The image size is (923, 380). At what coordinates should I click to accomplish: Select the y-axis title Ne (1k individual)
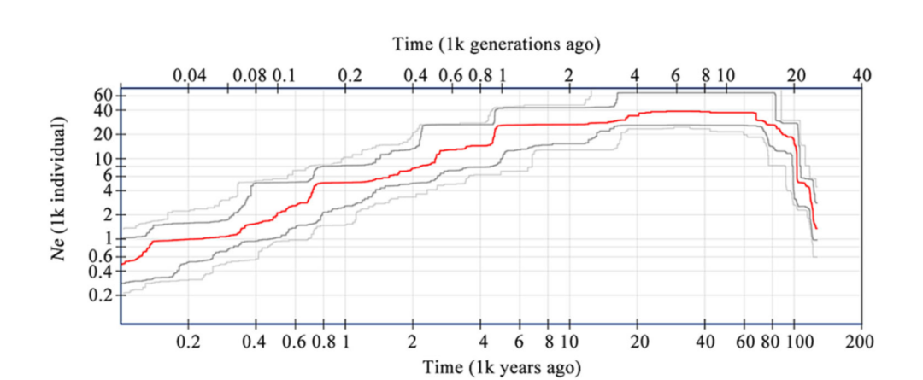(x=59, y=193)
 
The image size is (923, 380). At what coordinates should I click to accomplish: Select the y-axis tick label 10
(x=103, y=159)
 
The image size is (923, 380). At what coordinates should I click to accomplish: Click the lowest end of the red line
(x=817, y=228)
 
